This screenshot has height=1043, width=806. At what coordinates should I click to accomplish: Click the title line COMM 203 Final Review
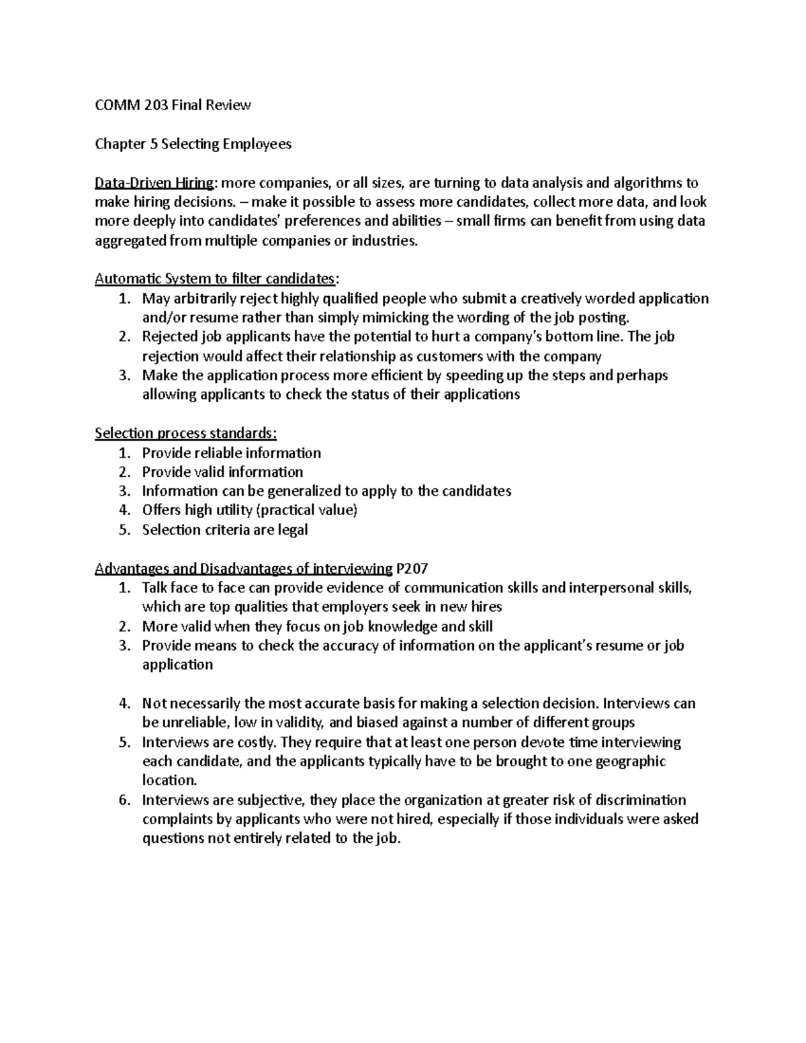pyautogui.click(x=173, y=105)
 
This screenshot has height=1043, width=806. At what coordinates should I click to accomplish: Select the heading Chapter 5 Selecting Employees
pyautogui.click(x=193, y=144)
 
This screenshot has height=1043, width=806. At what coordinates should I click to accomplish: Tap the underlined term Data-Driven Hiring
pyautogui.click(x=155, y=183)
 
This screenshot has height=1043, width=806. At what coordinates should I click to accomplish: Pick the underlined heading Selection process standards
pyautogui.click(x=185, y=433)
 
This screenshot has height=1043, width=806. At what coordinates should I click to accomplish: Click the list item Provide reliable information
pyautogui.click(x=232, y=453)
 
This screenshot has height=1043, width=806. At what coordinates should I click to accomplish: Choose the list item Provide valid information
pyautogui.click(x=222, y=472)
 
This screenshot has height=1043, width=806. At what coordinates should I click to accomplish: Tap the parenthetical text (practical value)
pyautogui.click(x=307, y=510)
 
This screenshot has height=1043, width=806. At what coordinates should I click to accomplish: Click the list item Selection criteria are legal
pyautogui.click(x=225, y=530)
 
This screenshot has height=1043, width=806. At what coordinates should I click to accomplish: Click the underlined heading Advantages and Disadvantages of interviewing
pyautogui.click(x=243, y=569)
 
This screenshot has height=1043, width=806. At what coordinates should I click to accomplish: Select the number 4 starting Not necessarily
pyautogui.click(x=124, y=704)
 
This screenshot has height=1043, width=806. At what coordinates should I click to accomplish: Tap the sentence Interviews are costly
pyautogui.click(x=208, y=742)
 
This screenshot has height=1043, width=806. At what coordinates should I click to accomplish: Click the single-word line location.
pyautogui.click(x=170, y=780)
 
